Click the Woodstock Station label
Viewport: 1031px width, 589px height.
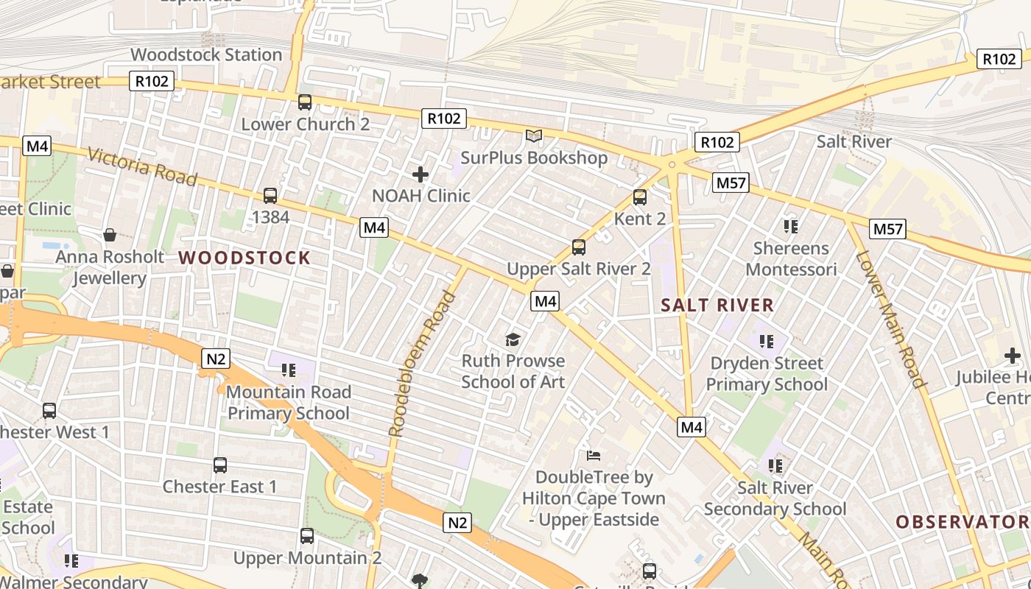[206, 54]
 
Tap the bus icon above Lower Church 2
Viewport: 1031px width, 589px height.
[305, 102]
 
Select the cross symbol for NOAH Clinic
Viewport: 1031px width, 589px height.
[421, 174]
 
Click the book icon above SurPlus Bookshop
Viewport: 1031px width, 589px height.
[533, 136]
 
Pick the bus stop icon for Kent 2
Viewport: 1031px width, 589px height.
[640, 197]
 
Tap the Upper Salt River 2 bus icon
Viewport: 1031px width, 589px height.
[579, 247]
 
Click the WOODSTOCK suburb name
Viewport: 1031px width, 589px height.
[244, 258]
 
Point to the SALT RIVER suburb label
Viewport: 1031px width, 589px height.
[717, 305]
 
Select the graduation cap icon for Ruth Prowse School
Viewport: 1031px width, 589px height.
[513, 339]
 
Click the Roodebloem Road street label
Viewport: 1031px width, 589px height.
[422, 364]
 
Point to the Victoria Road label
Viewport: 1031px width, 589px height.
[142, 166]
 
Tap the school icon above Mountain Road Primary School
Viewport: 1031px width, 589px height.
[288, 370]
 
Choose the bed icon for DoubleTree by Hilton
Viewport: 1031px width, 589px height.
[593, 455]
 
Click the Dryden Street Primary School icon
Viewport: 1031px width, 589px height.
[767, 341]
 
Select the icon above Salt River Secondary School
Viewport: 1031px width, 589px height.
[775, 465]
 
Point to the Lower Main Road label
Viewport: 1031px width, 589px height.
[890, 319]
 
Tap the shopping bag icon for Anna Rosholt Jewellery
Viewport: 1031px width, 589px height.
[110, 235]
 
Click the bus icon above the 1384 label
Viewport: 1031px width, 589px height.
[270, 196]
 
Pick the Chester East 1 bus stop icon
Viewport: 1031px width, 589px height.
[220, 465]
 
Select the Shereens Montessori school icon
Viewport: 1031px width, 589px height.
[792, 226]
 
